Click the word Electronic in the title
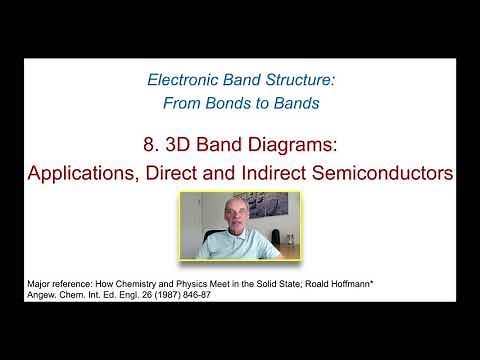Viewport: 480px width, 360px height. (x=180, y=79)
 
